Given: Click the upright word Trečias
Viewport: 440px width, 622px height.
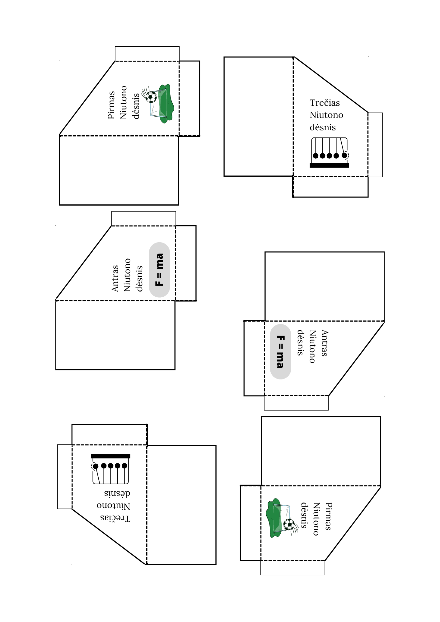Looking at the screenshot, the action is click(325, 103).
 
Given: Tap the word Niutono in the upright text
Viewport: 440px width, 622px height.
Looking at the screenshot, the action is click(326, 115).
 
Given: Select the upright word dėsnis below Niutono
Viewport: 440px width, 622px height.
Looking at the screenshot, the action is click(323, 127).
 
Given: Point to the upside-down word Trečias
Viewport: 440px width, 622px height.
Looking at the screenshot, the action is click(115, 518).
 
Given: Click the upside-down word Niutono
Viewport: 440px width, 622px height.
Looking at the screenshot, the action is click(113, 505).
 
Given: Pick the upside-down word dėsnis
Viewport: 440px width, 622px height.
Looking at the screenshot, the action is click(117, 493).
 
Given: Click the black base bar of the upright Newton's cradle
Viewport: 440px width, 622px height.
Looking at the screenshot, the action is click(329, 165).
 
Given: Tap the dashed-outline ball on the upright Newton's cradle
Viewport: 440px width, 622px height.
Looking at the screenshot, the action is click(345, 155).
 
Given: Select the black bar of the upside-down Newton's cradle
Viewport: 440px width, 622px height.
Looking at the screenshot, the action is click(110, 456).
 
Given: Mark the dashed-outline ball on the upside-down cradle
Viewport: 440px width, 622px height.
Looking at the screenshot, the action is click(95, 466).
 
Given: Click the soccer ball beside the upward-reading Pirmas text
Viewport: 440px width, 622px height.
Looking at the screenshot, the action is click(151, 97).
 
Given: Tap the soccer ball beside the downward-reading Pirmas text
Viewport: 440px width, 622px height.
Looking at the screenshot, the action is click(289, 525).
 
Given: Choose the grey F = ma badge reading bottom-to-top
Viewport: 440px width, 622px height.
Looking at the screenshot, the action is click(159, 270).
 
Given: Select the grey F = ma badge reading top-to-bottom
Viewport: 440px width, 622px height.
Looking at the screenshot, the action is click(280, 352).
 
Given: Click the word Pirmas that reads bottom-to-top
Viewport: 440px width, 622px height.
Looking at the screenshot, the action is click(111, 105).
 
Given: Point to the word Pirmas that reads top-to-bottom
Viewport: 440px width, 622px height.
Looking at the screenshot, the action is click(329, 516).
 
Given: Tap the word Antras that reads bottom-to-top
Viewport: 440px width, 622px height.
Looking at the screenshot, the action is click(115, 278).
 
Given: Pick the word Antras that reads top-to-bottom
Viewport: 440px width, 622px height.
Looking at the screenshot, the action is click(325, 343).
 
